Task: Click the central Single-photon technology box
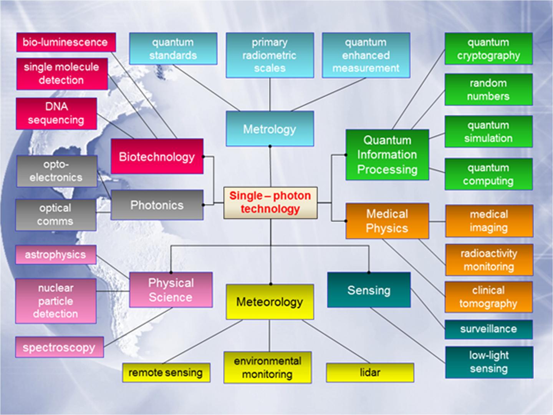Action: tap(270, 203)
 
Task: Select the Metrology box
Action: tap(270, 129)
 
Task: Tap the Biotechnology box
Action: tap(157, 156)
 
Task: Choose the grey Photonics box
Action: tap(157, 205)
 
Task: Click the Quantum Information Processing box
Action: tap(387, 155)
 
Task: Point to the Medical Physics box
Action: tap(387, 221)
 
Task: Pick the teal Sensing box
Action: tap(369, 290)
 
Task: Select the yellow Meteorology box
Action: tap(270, 302)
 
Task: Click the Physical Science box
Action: tap(171, 290)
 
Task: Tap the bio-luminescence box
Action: tap(66, 42)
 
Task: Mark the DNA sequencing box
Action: tap(56, 113)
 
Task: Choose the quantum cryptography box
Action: tap(488, 49)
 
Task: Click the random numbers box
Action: tap(488, 90)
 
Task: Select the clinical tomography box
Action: tap(488, 297)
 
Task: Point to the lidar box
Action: tap(370, 372)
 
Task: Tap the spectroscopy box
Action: tap(59, 347)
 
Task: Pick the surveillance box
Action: tap(488, 329)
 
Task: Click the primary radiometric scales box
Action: tap(270, 55)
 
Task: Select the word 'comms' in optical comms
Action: tap(55, 222)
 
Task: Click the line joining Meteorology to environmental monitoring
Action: tap(269, 335)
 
